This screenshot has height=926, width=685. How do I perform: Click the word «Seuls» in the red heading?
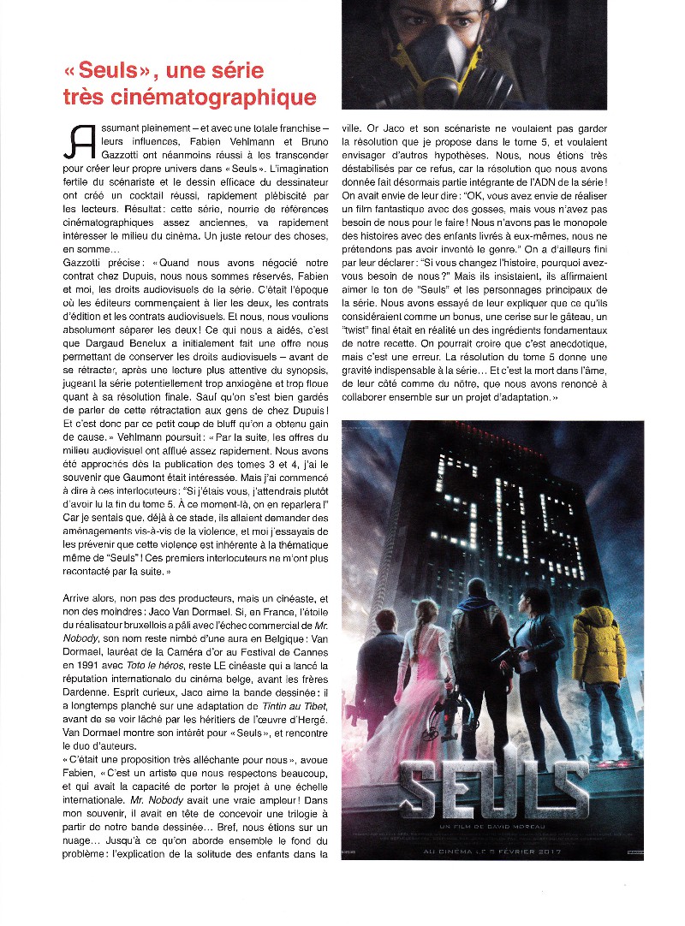coord(121,69)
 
